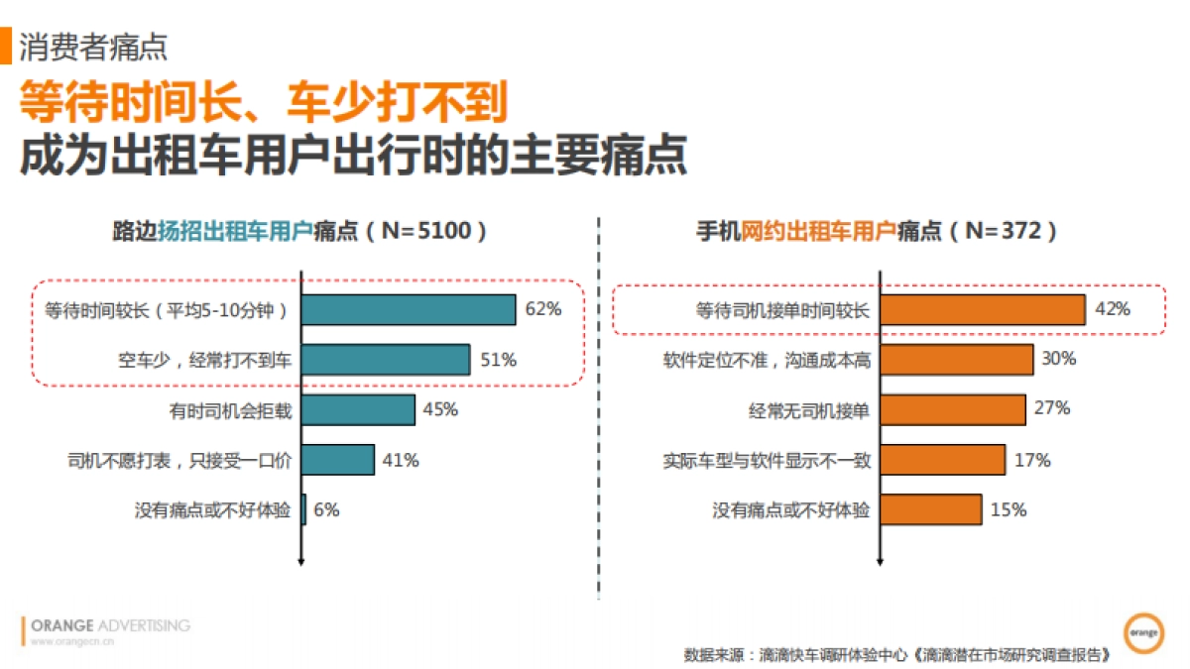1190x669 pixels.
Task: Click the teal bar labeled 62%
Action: pos(409,309)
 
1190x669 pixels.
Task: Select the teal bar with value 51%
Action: pos(386,360)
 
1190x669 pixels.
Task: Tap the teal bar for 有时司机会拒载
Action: pos(358,410)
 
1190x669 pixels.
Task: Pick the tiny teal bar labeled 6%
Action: pos(303,510)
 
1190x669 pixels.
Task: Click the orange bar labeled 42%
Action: pos(983,309)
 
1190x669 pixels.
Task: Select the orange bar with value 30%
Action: pos(957,359)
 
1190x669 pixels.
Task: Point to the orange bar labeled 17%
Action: pos(943,460)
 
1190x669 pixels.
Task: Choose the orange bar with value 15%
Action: pos(931,510)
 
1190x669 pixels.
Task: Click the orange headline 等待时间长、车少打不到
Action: pos(264,101)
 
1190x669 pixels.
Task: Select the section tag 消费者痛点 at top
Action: pos(93,47)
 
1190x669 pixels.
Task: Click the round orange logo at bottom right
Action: pos(1143,631)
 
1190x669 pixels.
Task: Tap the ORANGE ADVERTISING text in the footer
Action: pos(110,625)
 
